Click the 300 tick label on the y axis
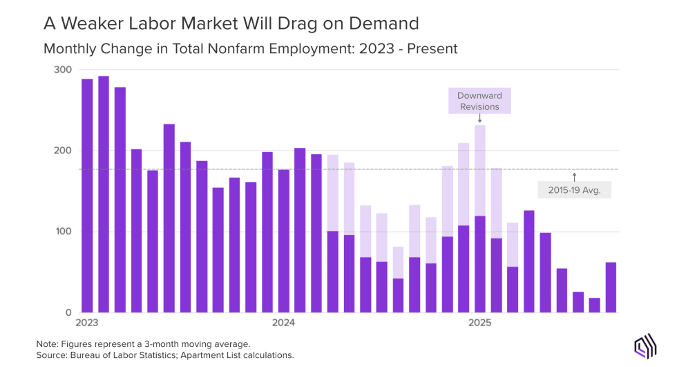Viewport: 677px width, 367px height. [62, 70]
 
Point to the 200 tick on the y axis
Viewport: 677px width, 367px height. [62, 151]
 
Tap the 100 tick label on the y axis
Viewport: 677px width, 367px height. [62, 232]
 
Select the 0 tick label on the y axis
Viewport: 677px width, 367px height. [68, 312]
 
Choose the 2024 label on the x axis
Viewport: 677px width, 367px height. [283, 323]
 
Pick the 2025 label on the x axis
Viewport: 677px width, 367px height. [479, 323]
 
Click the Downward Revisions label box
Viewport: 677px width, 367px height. [479, 101]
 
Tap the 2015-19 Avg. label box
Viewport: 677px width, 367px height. [574, 189]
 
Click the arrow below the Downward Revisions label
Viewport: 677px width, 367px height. [479, 119]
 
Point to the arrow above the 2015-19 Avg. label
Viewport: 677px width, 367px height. [574, 176]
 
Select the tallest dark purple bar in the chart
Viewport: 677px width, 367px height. [104, 194]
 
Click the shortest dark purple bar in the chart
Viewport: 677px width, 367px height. [594, 305]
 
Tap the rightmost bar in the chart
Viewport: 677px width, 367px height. [611, 288]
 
